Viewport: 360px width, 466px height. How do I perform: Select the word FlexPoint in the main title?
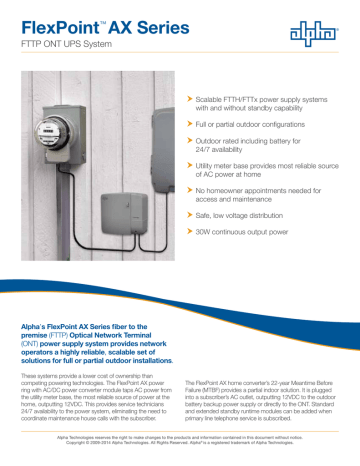[58, 17]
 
